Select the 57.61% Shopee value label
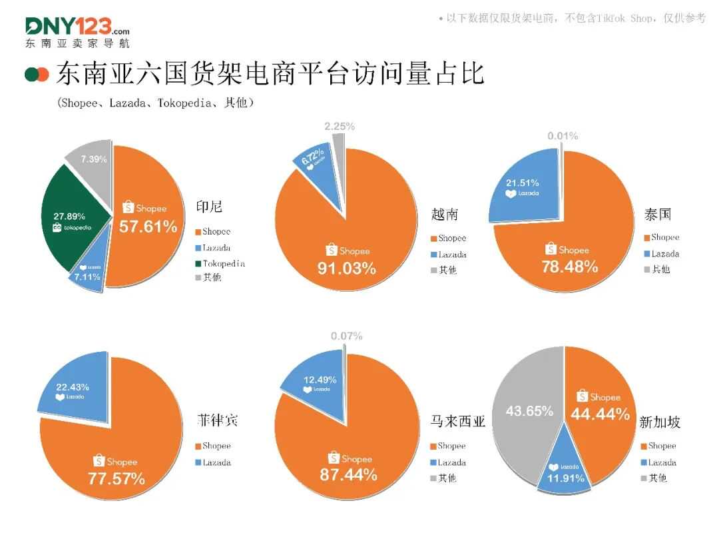(148, 227)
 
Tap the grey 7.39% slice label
(93, 159)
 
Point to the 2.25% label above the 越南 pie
(340, 126)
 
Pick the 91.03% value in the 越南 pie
(348, 269)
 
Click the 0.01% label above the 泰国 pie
(563, 136)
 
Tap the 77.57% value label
(116, 478)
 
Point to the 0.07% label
(346, 336)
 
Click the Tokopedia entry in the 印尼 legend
(223, 264)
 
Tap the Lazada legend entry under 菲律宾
(216, 462)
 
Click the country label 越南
(445, 215)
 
